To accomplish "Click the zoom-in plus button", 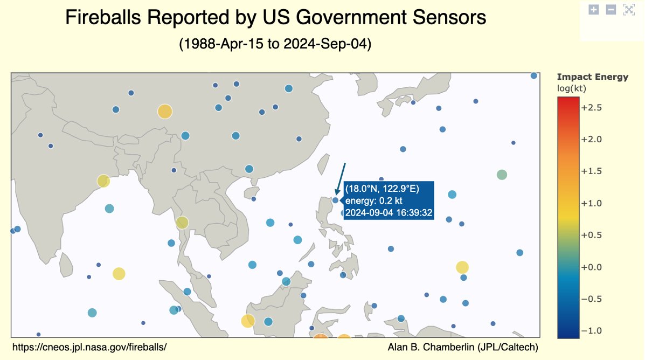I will point(594,9).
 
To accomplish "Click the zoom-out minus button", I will point(611,9).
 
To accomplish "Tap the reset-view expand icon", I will point(628,9).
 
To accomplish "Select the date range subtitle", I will point(275,44).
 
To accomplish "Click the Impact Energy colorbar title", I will point(592,77).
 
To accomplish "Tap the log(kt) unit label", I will point(571,88).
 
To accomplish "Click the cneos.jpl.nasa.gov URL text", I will point(89,347).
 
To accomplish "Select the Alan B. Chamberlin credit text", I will point(463,347).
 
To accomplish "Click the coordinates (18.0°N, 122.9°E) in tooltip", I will point(382,188).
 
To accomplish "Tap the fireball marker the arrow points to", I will point(335,200).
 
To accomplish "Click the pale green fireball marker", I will point(502,175).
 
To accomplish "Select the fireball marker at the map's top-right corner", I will point(533,75).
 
